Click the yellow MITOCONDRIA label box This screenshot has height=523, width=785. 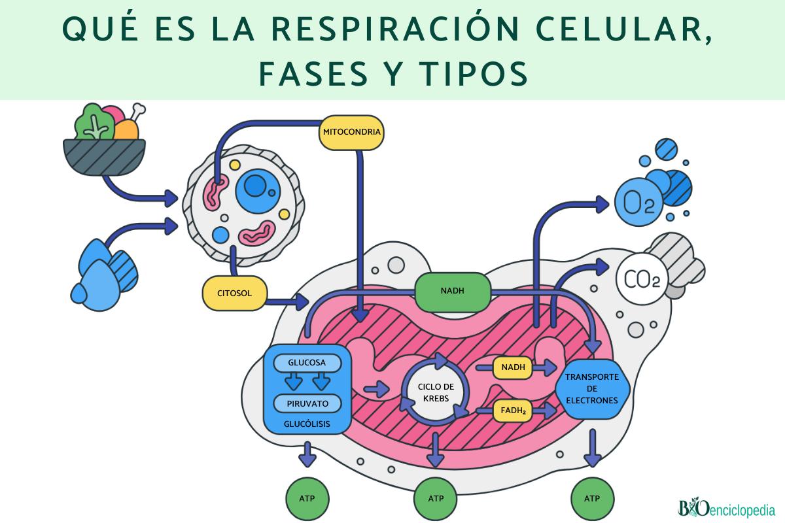point(351,133)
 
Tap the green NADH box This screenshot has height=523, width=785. point(453,291)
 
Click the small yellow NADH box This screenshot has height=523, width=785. point(513,367)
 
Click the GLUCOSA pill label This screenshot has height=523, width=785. point(306,362)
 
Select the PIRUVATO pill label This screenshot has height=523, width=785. point(306,403)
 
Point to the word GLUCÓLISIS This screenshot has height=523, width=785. point(306,424)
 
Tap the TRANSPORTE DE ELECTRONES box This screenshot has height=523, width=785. point(591,389)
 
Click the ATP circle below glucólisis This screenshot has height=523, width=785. point(306,498)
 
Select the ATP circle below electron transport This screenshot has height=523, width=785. point(592,498)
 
